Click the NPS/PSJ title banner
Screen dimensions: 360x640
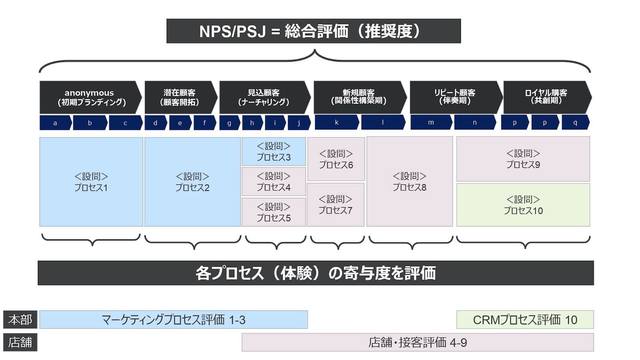(x=313, y=31)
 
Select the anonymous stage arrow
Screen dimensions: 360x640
(x=90, y=97)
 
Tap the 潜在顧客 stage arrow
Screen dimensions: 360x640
(x=180, y=97)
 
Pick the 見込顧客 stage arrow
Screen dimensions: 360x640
(x=264, y=97)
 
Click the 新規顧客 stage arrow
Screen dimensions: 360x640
(x=359, y=97)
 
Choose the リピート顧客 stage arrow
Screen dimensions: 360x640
(x=455, y=97)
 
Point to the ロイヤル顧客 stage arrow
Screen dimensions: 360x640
(x=546, y=97)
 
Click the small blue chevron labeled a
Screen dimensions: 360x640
(x=55, y=123)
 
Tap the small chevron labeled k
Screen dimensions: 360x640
(x=336, y=122)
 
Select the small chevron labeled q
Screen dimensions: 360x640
(x=575, y=122)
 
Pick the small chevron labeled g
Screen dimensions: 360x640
(x=229, y=123)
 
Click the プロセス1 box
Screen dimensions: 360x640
(x=91, y=182)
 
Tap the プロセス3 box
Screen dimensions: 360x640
(x=274, y=152)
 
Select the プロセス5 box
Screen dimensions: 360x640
(x=274, y=212)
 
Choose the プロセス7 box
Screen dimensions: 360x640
(x=335, y=205)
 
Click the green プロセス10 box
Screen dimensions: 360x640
(x=523, y=205)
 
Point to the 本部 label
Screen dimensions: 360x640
(x=20, y=320)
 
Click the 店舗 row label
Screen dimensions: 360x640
(x=20, y=342)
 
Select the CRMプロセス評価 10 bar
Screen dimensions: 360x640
(x=525, y=320)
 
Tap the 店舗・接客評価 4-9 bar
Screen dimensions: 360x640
(x=418, y=342)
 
